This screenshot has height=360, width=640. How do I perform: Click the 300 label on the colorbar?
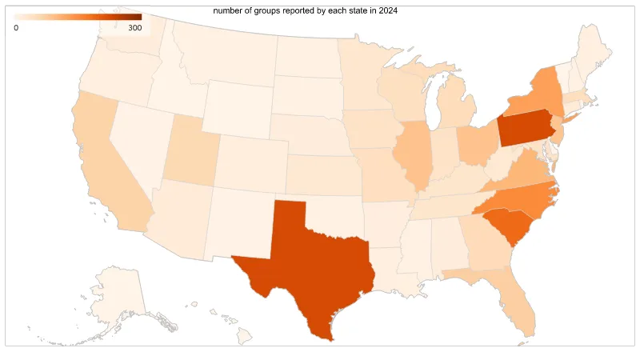click(x=135, y=28)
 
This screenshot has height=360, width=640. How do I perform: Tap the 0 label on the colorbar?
click(x=17, y=28)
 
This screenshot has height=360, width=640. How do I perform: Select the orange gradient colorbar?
click(x=78, y=17)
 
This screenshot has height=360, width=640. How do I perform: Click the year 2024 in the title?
click(x=388, y=11)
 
